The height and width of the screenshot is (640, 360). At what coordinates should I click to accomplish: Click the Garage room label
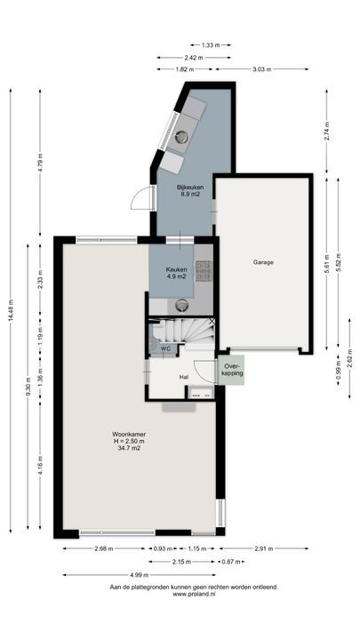coord(263,262)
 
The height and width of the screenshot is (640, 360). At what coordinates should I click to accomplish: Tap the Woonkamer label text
coord(129,435)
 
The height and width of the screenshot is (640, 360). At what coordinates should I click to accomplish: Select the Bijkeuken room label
coord(190,188)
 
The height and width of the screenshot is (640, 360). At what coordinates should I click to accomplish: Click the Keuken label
coord(176,270)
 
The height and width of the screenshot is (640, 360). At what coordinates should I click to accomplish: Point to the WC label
coord(165,348)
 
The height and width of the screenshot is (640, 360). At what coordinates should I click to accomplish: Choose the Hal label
coord(184,378)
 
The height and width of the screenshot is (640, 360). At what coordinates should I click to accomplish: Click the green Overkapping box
coord(231,370)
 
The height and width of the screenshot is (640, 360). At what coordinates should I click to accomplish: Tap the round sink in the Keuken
coord(182,305)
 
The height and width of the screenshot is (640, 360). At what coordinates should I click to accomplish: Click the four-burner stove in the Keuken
coord(204,271)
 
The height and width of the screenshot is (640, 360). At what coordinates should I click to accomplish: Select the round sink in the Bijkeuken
coord(181,137)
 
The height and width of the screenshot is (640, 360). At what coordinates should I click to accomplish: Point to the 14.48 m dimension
coord(11,310)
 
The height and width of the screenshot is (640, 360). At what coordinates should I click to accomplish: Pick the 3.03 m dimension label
coord(261,69)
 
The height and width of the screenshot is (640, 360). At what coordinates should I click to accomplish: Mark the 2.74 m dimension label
coord(326,132)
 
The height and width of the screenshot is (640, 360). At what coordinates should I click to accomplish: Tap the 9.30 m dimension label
coord(28,386)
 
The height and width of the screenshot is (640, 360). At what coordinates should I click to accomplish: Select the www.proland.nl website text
coord(194,595)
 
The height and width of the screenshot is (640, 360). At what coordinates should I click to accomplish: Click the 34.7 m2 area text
coord(129,447)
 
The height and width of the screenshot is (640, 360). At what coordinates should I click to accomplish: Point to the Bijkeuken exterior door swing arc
coord(139,198)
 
